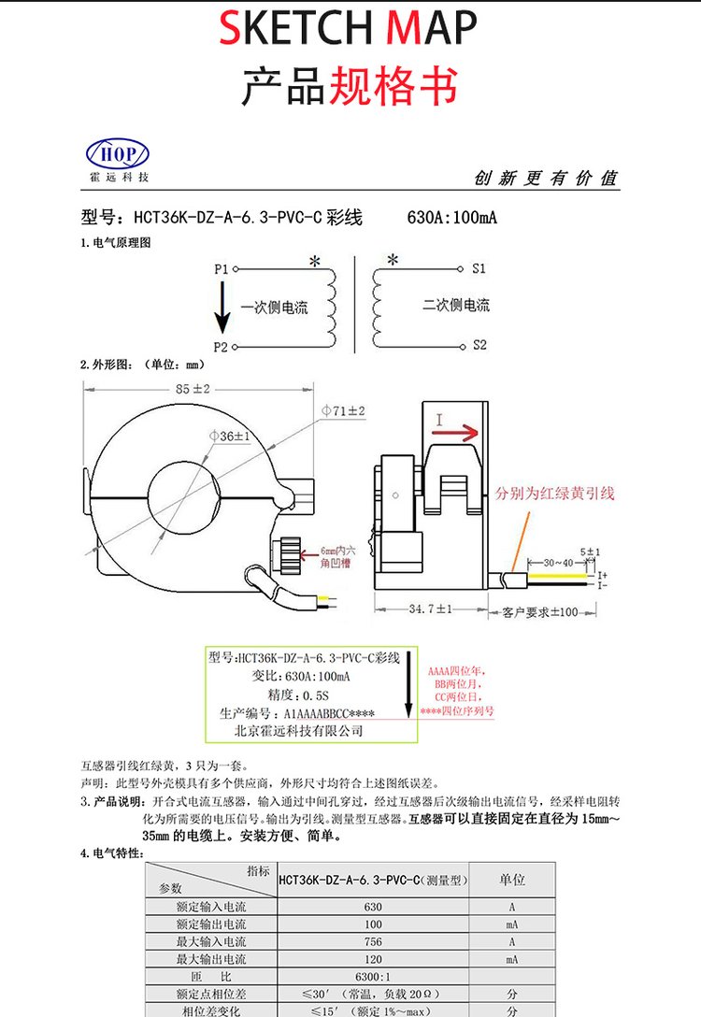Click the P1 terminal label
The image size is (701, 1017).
pos(222,268)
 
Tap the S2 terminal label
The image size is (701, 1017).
pos(479,345)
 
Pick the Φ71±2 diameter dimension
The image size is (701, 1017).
pos(343,411)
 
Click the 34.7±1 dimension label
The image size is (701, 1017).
pos(430,609)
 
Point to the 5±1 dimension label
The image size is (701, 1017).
pos(590,551)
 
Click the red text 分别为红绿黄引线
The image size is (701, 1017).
pos(556,493)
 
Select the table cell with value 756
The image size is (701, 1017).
pos(373,941)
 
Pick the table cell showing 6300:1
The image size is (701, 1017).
pos(373,977)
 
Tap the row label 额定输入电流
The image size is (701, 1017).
pos(211,907)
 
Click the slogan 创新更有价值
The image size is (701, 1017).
pos(546,179)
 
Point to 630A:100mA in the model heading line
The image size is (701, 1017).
pos(452,218)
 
